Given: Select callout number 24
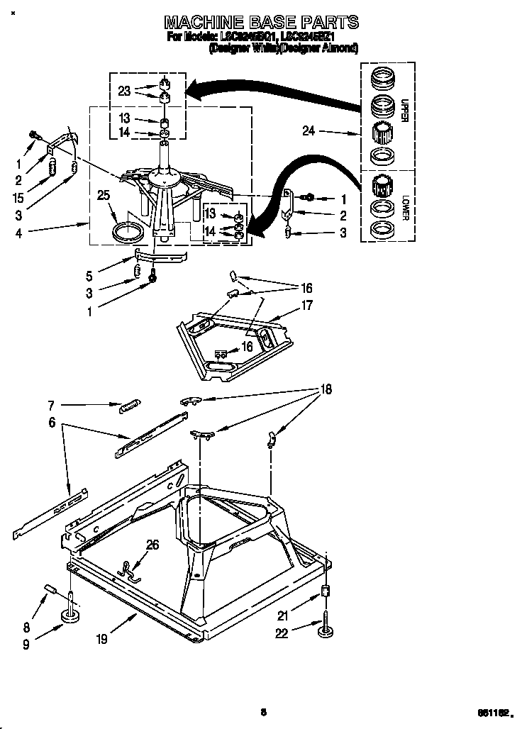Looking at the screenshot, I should [x=309, y=130].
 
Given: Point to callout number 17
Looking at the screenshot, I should [x=306, y=306].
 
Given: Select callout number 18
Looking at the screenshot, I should [x=326, y=389].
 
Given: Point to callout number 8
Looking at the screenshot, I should [x=27, y=627].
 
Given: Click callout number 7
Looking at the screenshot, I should [x=51, y=406].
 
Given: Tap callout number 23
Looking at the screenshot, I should [x=125, y=91].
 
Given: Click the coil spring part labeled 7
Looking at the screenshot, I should [x=129, y=405].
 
